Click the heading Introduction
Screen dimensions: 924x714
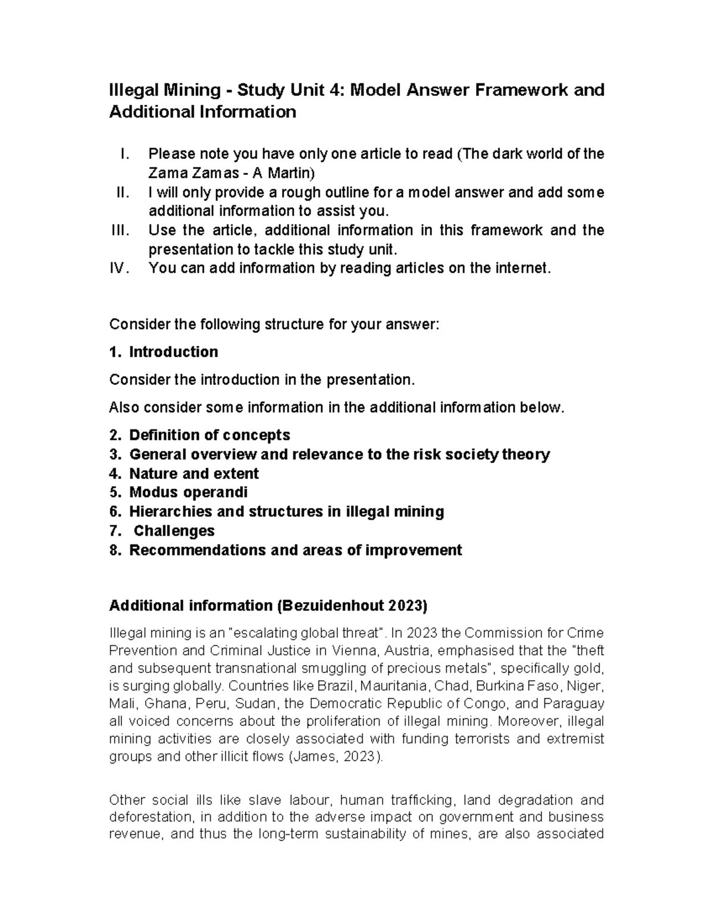click(173, 352)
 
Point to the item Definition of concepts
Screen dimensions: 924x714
click(209, 435)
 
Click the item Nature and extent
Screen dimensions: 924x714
click(194, 474)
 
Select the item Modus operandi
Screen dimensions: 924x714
click(188, 493)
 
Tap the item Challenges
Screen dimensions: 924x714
click(174, 531)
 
